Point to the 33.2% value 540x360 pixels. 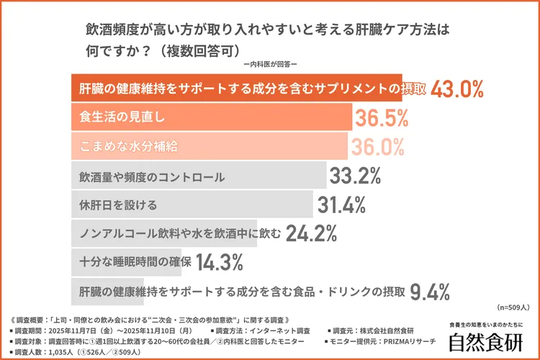point(355,176)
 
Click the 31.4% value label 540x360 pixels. point(342,204)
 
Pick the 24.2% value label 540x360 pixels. point(312,233)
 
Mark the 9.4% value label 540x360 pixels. point(430,291)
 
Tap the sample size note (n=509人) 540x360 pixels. point(513,307)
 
